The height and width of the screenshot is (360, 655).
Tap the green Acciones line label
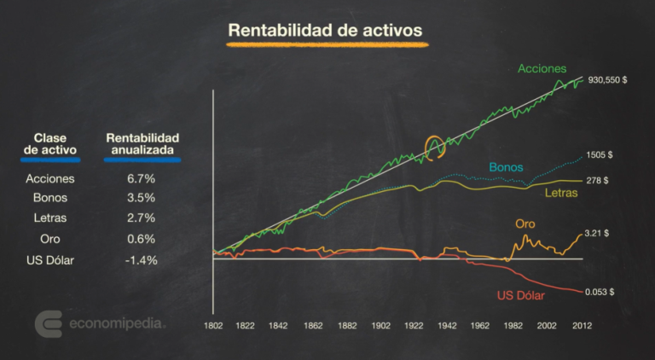[x=541, y=69]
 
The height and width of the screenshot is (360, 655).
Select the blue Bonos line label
[x=506, y=167]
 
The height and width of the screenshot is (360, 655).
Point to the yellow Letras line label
[x=561, y=194]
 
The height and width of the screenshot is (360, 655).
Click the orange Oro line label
[x=525, y=224]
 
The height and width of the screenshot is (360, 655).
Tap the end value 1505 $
[x=600, y=155]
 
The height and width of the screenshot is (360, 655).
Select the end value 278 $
[x=597, y=181]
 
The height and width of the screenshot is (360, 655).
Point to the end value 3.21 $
[x=600, y=233]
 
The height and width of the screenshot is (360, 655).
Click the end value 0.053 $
[x=600, y=291]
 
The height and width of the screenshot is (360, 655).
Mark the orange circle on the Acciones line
[x=436, y=146]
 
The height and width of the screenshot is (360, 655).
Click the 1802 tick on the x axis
[x=212, y=326]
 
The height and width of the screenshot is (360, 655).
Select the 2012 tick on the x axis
[x=582, y=326]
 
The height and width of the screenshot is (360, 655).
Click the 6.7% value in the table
[x=142, y=179]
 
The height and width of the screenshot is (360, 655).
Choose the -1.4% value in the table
[x=142, y=259]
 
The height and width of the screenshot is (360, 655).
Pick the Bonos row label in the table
[x=50, y=200]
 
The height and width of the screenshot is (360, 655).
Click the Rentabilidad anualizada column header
[x=142, y=142]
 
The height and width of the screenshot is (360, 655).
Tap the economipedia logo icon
[x=49, y=324]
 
